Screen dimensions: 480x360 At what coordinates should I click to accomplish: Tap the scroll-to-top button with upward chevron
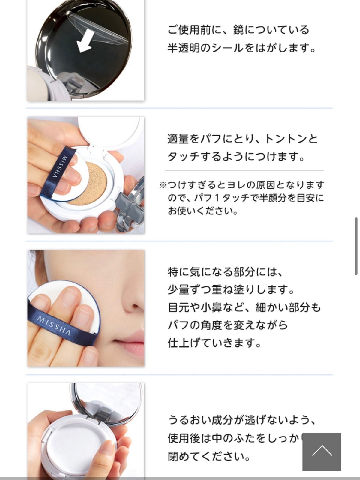pos(322,451)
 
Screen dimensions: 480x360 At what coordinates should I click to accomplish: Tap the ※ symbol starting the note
pos(163,185)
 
